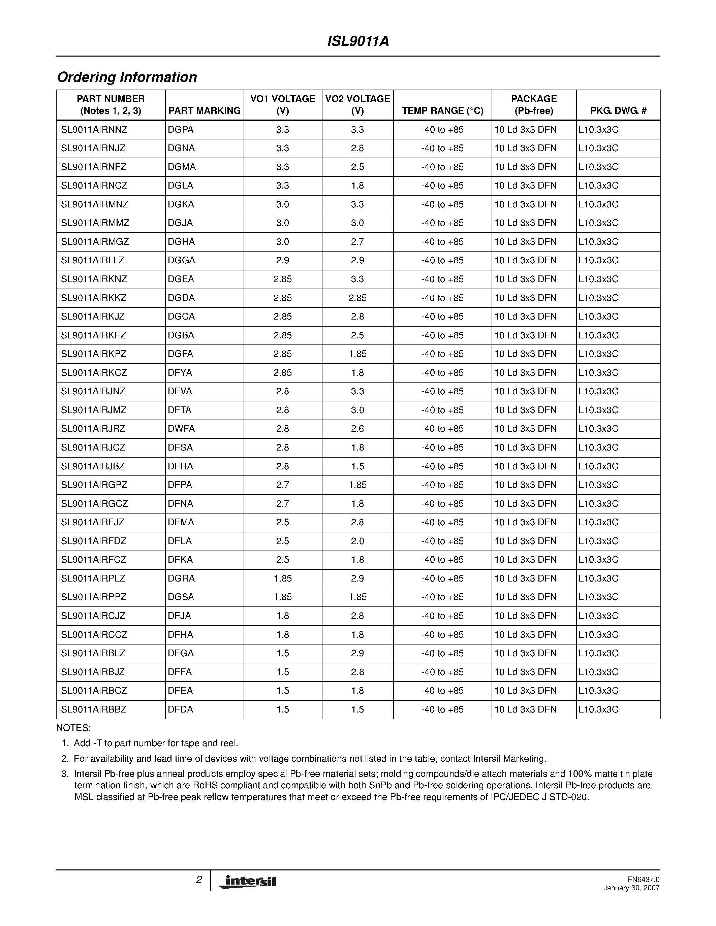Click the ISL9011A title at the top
click(358, 41)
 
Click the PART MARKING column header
click(204, 111)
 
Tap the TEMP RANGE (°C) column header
click(442, 111)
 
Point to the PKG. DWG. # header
click(618, 111)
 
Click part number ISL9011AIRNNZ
click(93, 130)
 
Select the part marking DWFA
click(181, 429)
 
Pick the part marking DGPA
click(180, 130)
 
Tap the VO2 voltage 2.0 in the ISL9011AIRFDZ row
click(357, 541)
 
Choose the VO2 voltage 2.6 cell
click(357, 429)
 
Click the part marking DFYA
click(180, 373)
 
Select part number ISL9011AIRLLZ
click(92, 260)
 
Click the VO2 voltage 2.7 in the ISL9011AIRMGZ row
click(357, 242)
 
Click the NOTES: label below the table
click(73, 728)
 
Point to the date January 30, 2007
click(631, 888)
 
